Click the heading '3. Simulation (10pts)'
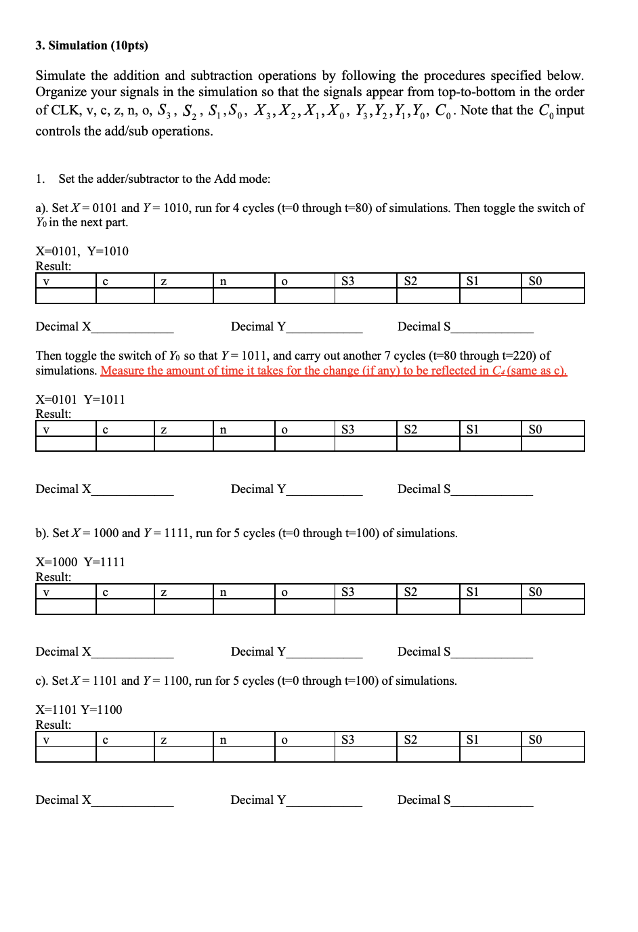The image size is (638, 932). (x=91, y=45)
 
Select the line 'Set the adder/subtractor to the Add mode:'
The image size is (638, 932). (x=164, y=179)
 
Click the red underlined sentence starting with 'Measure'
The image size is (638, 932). (x=333, y=371)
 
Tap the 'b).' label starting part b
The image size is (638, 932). (x=42, y=534)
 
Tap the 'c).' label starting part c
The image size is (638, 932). (x=42, y=681)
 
